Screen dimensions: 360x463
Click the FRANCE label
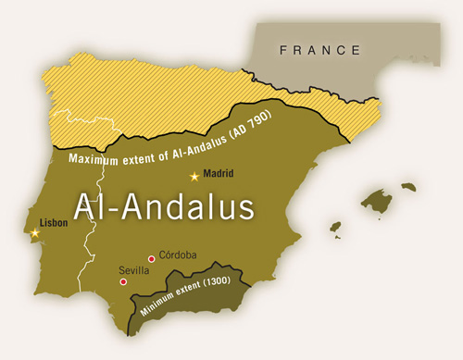click(x=322, y=50)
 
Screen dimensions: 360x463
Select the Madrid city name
click(x=219, y=173)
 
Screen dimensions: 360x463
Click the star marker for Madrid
click(x=194, y=176)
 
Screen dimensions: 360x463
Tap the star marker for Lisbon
click(x=35, y=232)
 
